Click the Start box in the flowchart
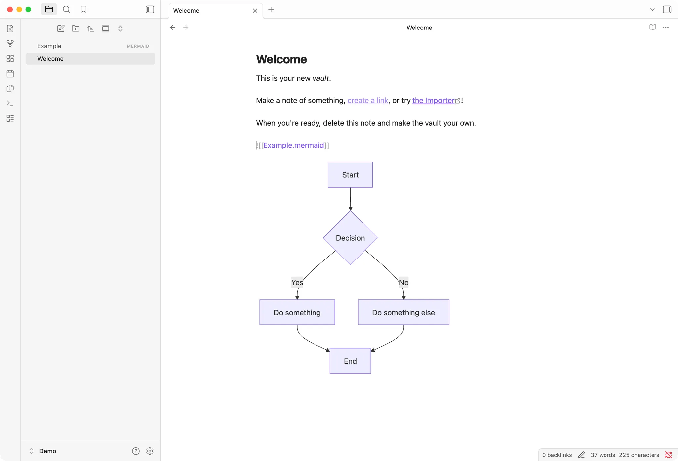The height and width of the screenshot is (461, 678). (350, 175)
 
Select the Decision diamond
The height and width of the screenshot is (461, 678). (350, 238)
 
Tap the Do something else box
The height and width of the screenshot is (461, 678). (404, 312)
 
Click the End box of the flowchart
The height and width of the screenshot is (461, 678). (350, 361)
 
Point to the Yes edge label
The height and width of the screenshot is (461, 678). (297, 282)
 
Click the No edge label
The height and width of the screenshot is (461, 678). (404, 282)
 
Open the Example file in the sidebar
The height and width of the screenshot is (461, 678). (49, 46)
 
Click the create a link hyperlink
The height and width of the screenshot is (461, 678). (368, 100)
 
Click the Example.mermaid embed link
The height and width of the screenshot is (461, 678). (294, 145)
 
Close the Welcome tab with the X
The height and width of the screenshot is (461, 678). (255, 11)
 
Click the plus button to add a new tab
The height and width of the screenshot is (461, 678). (271, 10)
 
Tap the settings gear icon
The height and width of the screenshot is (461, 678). (150, 451)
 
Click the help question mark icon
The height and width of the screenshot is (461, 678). (136, 451)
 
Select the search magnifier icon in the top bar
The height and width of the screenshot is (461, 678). (66, 9)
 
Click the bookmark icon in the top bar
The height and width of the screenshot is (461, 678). (83, 9)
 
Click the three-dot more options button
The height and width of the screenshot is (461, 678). (666, 28)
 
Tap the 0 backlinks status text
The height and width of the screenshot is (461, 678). (557, 455)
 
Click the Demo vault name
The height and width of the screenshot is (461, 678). (48, 451)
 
